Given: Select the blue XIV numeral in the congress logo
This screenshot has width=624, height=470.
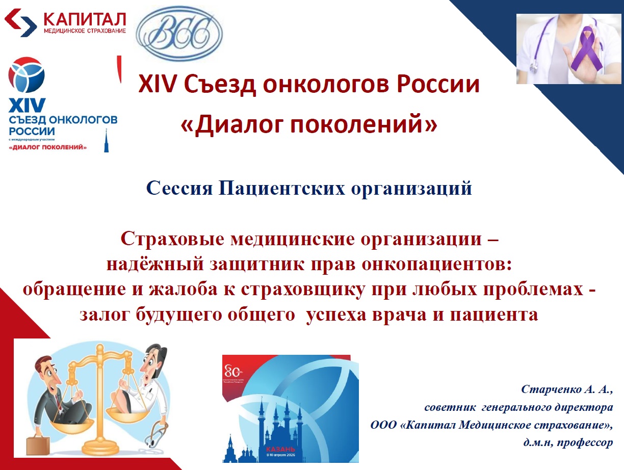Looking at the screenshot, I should pos(27,107).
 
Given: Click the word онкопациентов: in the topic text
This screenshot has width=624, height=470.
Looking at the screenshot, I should pos(438,264).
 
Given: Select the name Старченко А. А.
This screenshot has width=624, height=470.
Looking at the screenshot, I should pos(566,390).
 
